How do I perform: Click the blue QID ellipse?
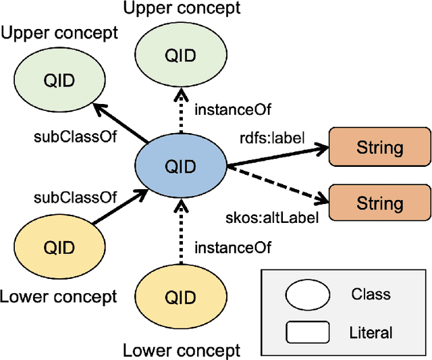[x=180, y=166]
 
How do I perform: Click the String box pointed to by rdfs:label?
[x=379, y=147]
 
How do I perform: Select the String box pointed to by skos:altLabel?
[x=379, y=203]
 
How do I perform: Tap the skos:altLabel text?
[x=271, y=217]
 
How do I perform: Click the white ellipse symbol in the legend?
[x=308, y=295]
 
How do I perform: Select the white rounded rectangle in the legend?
[x=308, y=332]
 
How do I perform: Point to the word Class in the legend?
[x=371, y=294]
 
